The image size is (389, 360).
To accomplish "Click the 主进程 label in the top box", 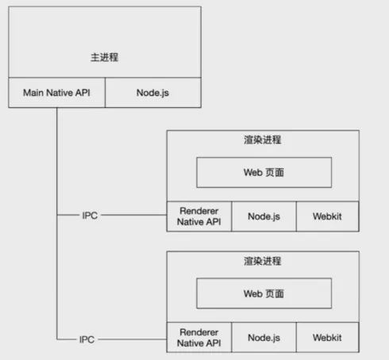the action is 105,57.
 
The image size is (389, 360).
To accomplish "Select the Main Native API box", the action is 56,93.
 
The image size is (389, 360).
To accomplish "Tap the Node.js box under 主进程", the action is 153,93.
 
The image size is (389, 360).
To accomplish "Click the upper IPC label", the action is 90,216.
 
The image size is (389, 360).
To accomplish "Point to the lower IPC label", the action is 87,339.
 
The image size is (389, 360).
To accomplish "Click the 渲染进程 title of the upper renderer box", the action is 263,140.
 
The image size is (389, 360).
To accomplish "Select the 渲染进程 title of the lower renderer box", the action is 263,261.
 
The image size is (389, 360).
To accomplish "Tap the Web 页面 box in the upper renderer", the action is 264,172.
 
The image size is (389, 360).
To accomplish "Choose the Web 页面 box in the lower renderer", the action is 264,293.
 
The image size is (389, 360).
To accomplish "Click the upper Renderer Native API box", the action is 199,216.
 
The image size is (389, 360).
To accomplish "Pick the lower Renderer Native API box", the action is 199,337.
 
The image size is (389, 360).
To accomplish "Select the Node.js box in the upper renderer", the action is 264,216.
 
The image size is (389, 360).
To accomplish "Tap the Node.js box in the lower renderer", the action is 264,337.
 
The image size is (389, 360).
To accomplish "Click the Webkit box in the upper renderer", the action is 328,216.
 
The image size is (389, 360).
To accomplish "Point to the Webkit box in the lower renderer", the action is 328,337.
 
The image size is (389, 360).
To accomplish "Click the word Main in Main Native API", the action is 33,93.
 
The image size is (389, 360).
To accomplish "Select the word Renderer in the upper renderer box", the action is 199,211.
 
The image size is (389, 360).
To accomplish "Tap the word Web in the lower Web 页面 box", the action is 252,293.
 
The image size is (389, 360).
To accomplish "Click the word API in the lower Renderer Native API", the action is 213,343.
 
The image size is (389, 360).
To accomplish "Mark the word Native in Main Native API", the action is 60,93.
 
